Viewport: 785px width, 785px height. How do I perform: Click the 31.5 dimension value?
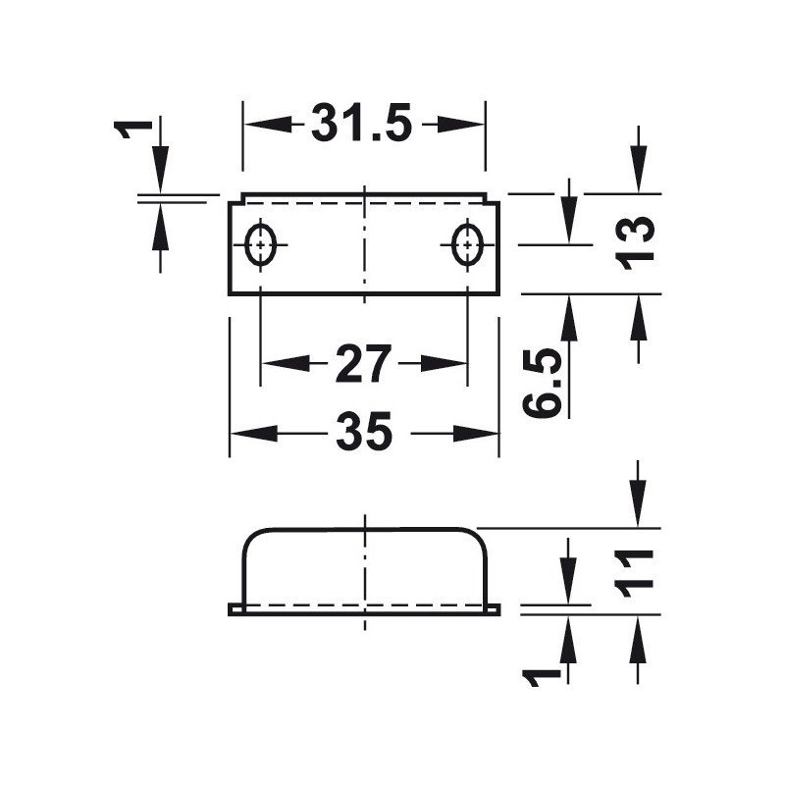[x=363, y=125]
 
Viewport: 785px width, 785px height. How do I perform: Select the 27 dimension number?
[x=363, y=364]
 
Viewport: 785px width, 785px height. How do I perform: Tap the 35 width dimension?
[x=363, y=433]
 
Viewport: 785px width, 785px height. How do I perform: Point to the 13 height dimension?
[x=638, y=242]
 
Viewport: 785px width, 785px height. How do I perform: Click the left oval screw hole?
[x=261, y=244]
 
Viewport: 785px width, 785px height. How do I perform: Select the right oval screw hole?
[x=467, y=244]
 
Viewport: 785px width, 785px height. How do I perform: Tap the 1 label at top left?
[x=135, y=128]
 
